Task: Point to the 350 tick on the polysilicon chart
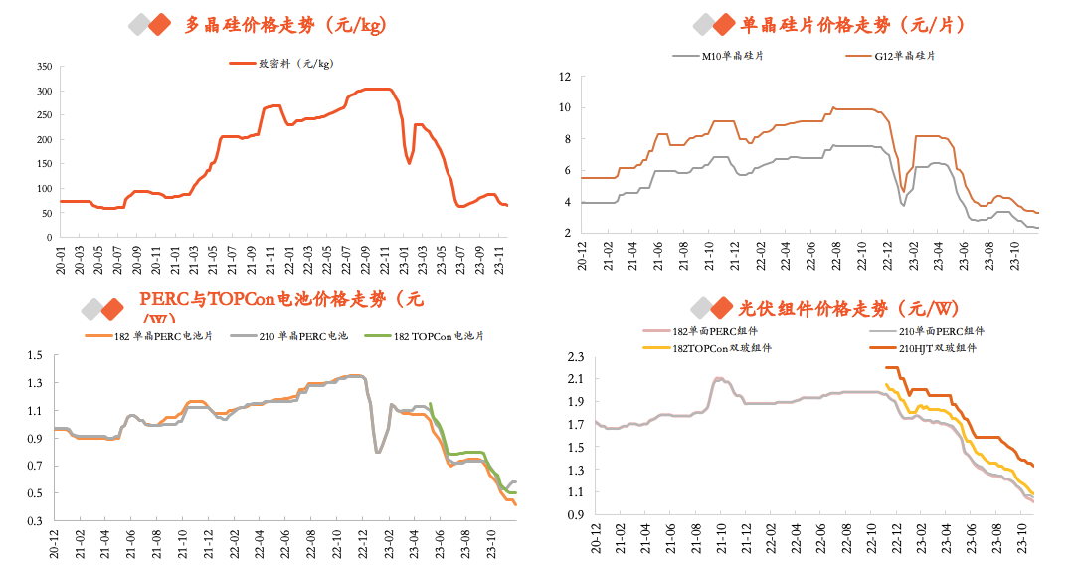(x=44, y=67)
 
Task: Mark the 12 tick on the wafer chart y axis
(x=565, y=76)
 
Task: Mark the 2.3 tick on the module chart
(x=575, y=356)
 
